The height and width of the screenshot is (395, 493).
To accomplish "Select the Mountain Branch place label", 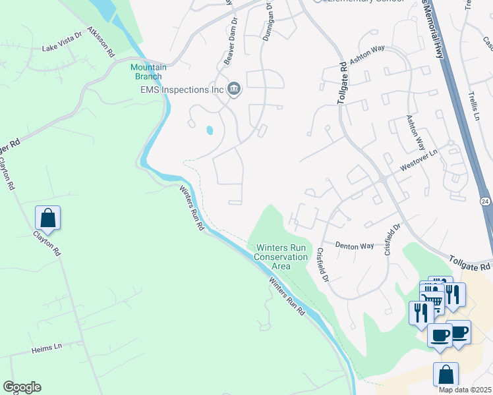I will click(148, 72).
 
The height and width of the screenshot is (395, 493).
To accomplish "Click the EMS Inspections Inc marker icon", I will click(233, 89).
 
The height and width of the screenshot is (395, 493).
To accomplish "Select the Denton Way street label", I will click(355, 246).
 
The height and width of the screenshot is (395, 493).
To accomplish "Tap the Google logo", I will click(22, 386).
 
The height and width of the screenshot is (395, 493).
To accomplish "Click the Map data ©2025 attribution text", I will click(465, 390).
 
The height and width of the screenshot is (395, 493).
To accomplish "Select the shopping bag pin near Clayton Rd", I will click(47, 217).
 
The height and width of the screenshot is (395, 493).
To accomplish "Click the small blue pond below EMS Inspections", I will click(210, 130).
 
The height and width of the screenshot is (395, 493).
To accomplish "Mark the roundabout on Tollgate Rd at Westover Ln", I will click(382, 179).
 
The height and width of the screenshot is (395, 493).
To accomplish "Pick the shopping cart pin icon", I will click(432, 302).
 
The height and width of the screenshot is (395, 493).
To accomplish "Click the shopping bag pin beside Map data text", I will click(446, 374).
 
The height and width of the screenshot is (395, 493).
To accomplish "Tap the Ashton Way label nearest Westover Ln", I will click(416, 132).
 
